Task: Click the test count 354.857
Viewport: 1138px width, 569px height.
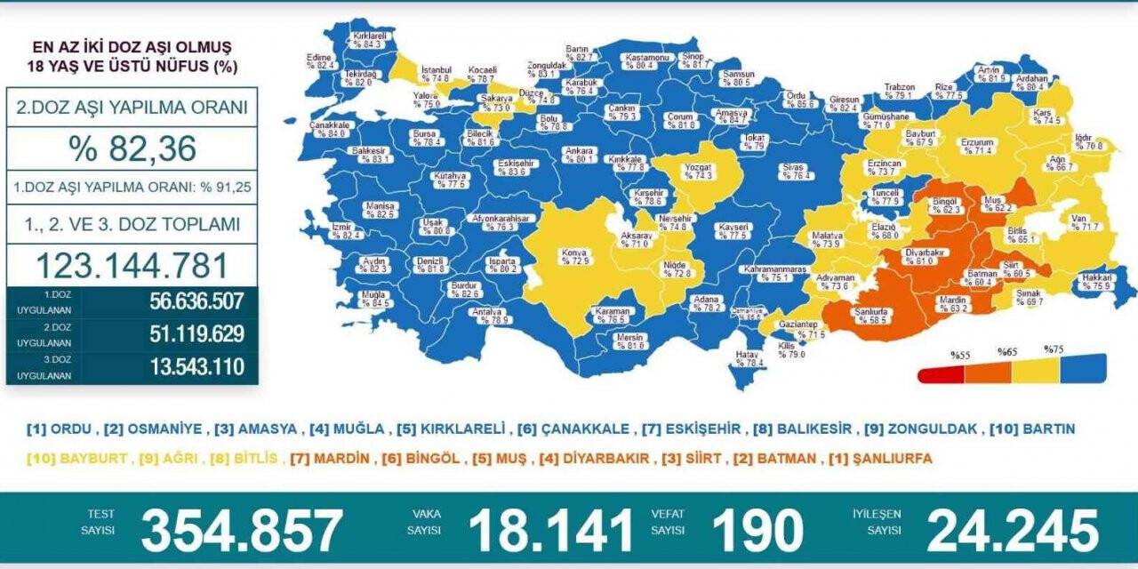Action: pyautogui.click(x=241, y=531)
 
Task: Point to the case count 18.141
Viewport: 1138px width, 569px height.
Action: pyautogui.click(x=550, y=531)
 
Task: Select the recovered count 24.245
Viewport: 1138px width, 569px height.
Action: pyautogui.click(x=1013, y=531)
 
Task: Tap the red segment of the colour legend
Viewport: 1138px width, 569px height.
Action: pyautogui.click(x=941, y=373)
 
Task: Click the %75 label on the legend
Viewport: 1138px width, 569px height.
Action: pyautogui.click(x=1054, y=349)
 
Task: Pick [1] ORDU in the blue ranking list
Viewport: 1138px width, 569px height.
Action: pyautogui.click(x=60, y=429)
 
